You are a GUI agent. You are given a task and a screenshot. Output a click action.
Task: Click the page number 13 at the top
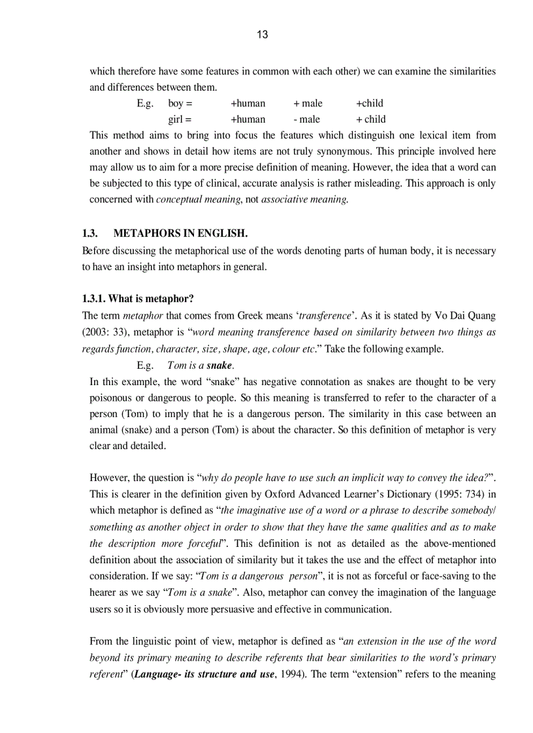[262, 35]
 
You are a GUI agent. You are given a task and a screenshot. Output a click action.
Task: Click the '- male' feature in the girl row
[307, 119]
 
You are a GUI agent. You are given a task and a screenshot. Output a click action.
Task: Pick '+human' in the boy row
[248, 103]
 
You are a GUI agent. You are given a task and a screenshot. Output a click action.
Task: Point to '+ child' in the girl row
[370, 119]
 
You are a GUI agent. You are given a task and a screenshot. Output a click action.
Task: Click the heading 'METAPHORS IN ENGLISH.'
[180, 234]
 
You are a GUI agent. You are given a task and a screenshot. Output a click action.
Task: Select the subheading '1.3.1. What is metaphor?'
[138, 299]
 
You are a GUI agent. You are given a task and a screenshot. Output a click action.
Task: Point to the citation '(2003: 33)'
[104, 332]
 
